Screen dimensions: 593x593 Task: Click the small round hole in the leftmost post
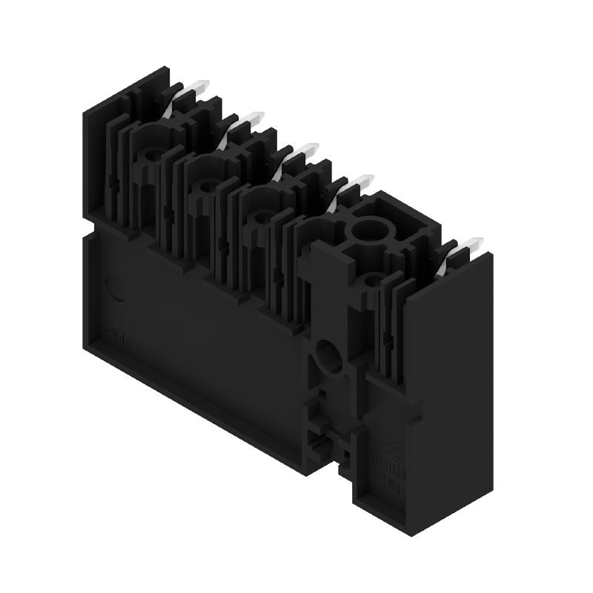pyautogui.click(x=153, y=154)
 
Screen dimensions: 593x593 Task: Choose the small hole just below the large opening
pyautogui.click(x=374, y=280)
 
